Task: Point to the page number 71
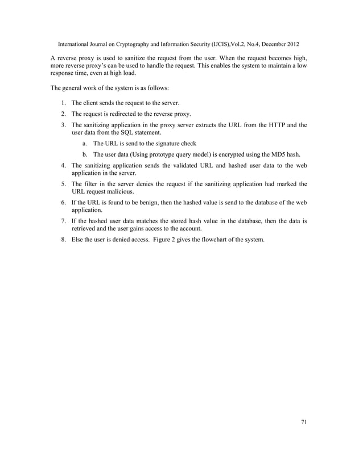click(303, 422)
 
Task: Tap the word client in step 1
click(93, 103)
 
